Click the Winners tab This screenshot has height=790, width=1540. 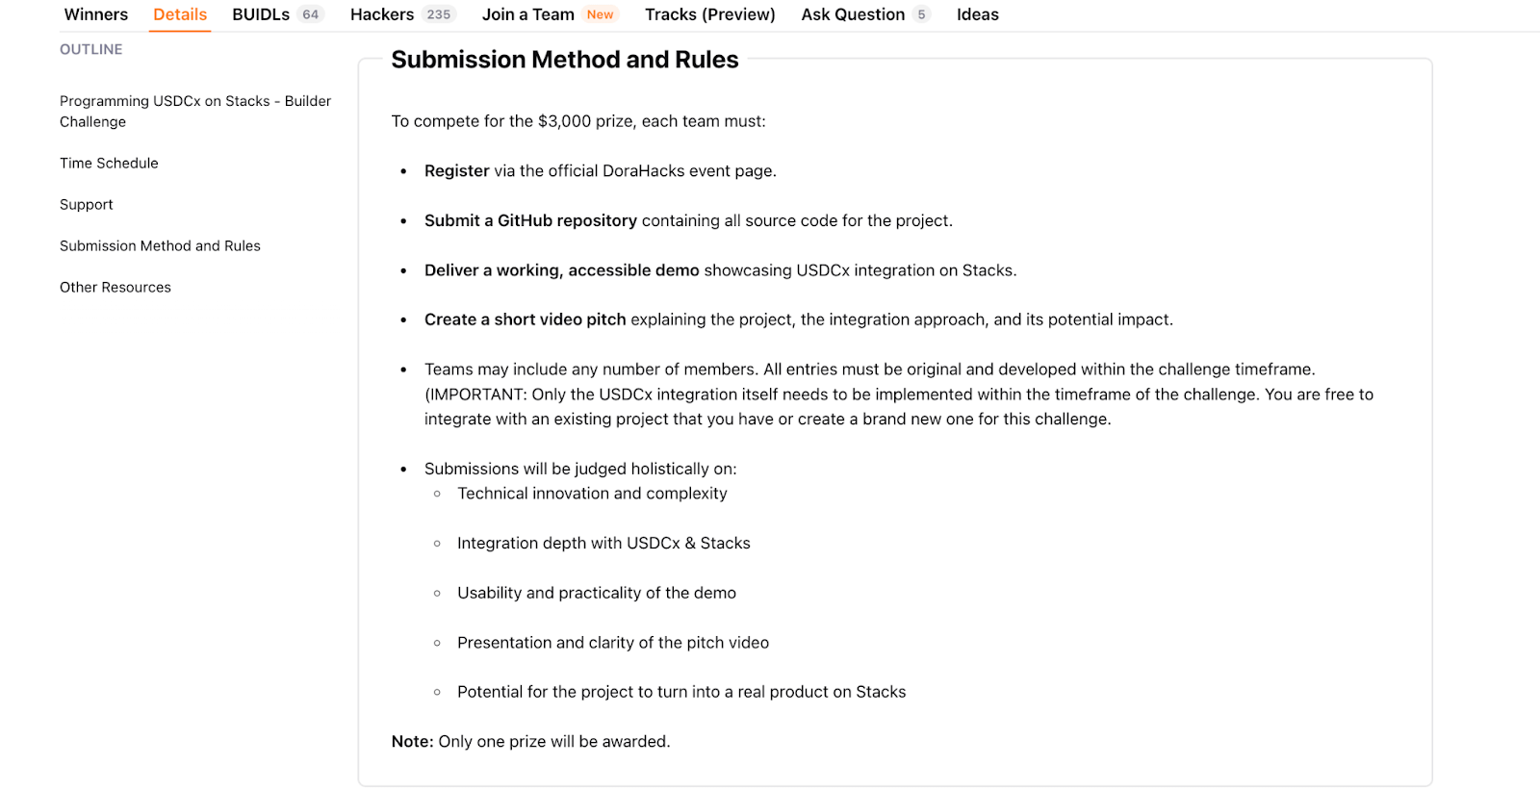(96, 14)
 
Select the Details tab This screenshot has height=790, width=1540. (180, 14)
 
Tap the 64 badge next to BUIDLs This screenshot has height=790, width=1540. (310, 14)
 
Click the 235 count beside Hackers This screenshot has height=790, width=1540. (439, 14)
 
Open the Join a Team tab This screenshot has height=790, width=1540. (527, 14)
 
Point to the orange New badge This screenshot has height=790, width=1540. (600, 14)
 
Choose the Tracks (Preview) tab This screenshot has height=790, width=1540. (709, 14)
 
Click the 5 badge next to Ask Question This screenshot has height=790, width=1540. (921, 14)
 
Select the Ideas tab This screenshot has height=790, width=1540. (977, 14)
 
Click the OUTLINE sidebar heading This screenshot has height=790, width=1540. (91, 49)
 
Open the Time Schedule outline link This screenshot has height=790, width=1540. (109, 164)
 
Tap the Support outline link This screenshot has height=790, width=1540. (87, 205)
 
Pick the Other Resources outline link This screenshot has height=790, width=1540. (115, 288)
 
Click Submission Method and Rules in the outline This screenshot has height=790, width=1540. (160, 246)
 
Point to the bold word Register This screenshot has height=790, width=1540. (457, 171)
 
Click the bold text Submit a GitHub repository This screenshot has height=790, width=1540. (530, 221)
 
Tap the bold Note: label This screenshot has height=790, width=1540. (412, 742)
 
